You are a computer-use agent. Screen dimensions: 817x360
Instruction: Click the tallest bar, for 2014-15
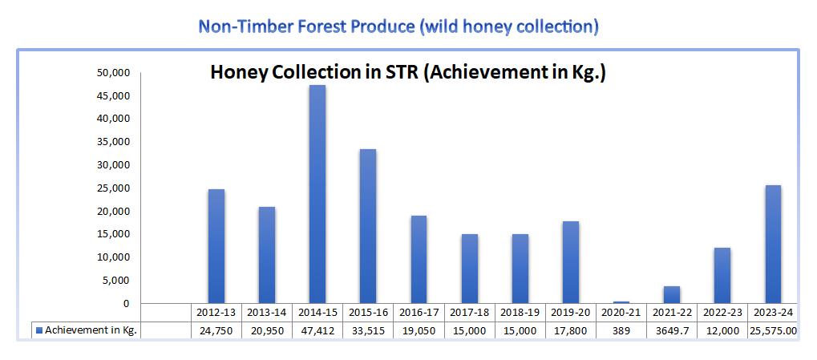pyautogui.click(x=317, y=194)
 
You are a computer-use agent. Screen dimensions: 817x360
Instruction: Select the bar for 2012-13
pyautogui.click(x=216, y=246)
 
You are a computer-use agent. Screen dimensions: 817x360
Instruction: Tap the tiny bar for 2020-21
pyautogui.click(x=621, y=302)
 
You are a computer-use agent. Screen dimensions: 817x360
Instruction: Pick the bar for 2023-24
pyautogui.click(x=773, y=245)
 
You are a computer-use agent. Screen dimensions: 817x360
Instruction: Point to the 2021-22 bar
pyautogui.click(x=672, y=295)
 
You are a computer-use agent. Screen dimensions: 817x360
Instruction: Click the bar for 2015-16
pyautogui.click(x=368, y=226)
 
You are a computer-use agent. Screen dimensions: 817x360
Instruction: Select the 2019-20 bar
pyautogui.click(x=571, y=262)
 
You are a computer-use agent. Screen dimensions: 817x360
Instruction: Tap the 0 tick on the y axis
pyautogui.click(x=126, y=304)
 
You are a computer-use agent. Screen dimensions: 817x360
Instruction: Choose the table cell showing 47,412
pyautogui.click(x=317, y=331)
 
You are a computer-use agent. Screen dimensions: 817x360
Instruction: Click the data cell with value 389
pyautogui.click(x=621, y=331)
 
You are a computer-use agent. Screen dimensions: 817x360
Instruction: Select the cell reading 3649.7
pyautogui.click(x=672, y=331)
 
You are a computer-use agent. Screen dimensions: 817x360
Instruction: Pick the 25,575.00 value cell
pyautogui.click(x=773, y=331)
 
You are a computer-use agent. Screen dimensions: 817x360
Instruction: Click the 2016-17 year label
pyautogui.click(x=419, y=313)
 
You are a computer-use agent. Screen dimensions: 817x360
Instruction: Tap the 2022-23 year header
pyautogui.click(x=722, y=313)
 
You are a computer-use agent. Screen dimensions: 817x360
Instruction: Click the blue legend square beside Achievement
pyautogui.click(x=39, y=330)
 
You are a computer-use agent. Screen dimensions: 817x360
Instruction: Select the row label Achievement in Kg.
pyautogui.click(x=91, y=330)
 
